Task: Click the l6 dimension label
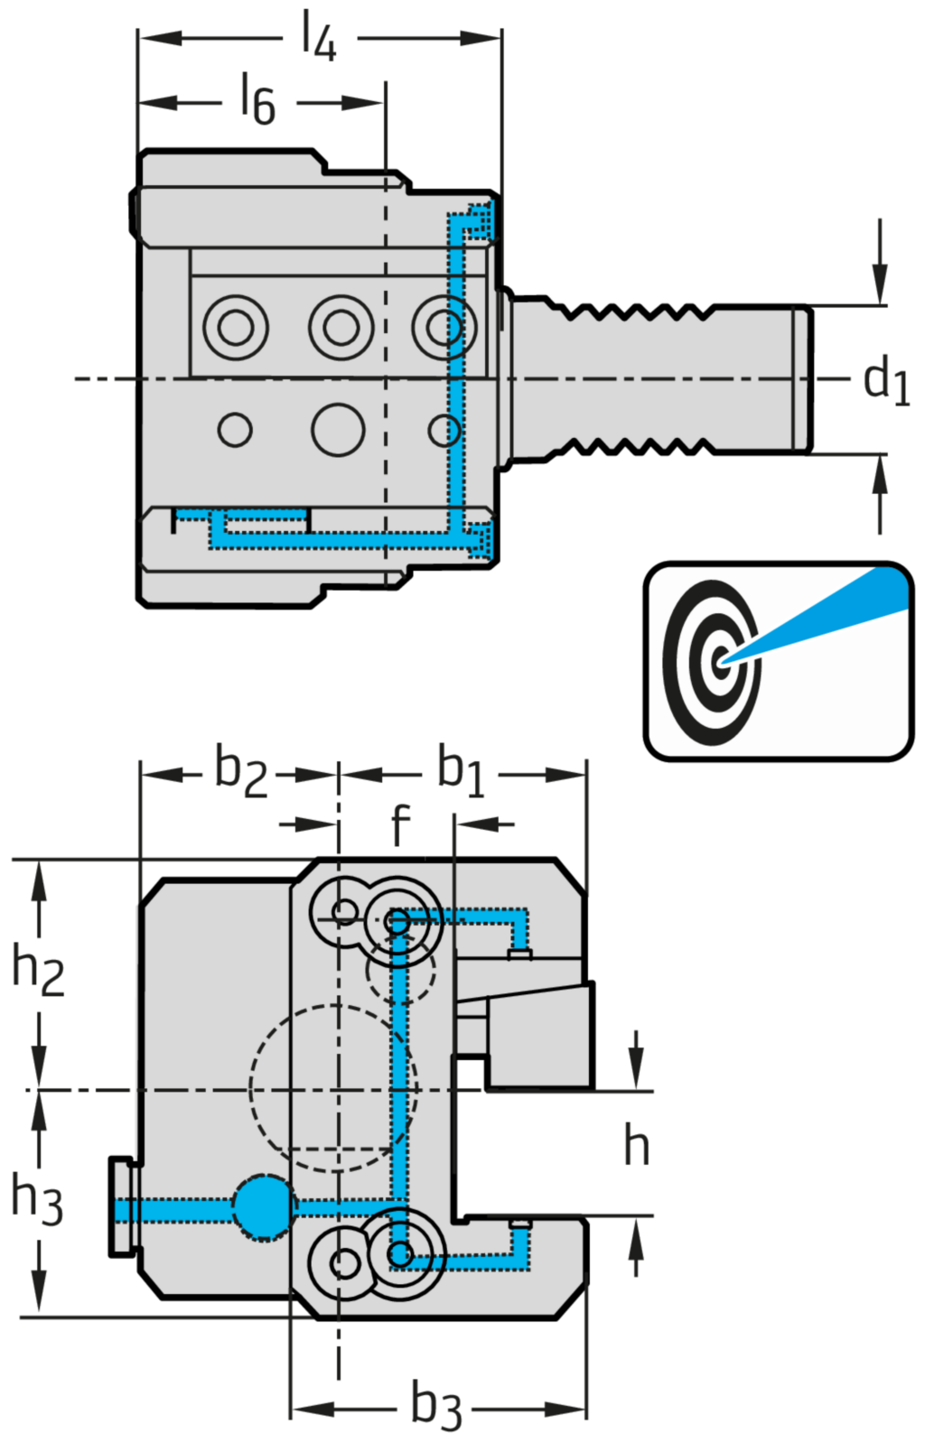pyautogui.click(x=257, y=99)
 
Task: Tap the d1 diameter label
pyautogui.click(x=885, y=379)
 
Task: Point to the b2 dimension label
pyautogui.click(x=240, y=772)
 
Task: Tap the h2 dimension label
pyautogui.click(x=38, y=967)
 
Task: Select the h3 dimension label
pyautogui.click(x=37, y=1198)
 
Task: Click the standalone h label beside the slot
pyautogui.click(x=637, y=1147)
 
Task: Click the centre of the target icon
pyautogui.click(x=720, y=662)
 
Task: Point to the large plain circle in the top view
pyautogui.click(x=338, y=429)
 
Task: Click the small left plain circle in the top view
pyautogui.click(x=235, y=429)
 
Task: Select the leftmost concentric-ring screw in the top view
pyautogui.click(x=236, y=326)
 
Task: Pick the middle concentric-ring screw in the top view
pyautogui.click(x=341, y=326)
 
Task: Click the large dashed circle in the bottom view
pyautogui.click(x=333, y=1088)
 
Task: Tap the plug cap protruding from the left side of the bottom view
pyautogui.click(x=122, y=1206)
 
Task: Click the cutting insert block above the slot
pyautogui.click(x=540, y=1036)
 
